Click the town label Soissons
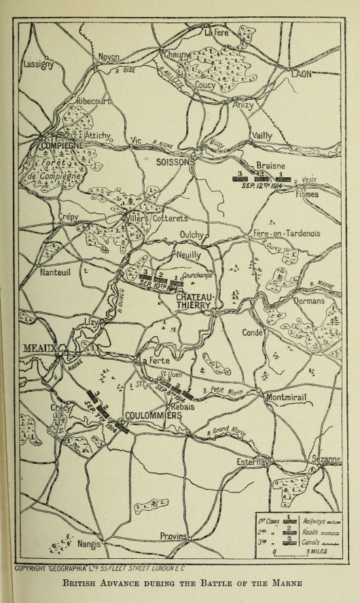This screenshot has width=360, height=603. (x=175, y=162)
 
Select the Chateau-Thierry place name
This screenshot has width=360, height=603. (x=196, y=302)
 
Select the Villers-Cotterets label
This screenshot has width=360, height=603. (x=158, y=219)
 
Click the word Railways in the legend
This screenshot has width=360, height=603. (x=313, y=520)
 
